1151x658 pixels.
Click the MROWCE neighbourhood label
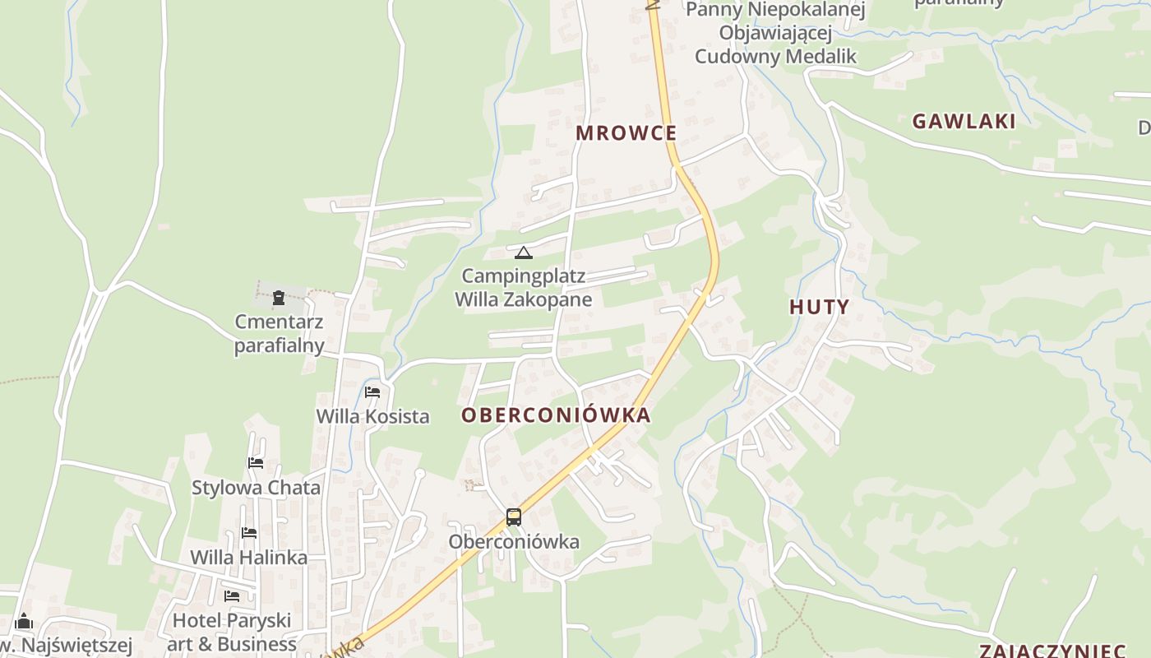(x=626, y=133)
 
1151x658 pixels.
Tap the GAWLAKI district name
(x=964, y=122)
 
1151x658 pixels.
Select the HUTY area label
(x=819, y=308)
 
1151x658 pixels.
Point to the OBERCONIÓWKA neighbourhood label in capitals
(x=556, y=415)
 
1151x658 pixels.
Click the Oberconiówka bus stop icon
(x=514, y=517)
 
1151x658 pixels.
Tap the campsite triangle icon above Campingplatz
(x=524, y=253)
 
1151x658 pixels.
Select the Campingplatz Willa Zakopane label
(x=524, y=287)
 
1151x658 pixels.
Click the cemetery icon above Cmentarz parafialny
(x=279, y=297)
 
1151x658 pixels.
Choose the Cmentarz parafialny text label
(x=279, y=333)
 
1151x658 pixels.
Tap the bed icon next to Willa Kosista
(x=372, y=392)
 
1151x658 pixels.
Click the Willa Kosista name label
(x=373, y=416)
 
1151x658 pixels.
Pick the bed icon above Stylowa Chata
(x=256, y=463)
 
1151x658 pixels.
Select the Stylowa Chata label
(x=256, y=488)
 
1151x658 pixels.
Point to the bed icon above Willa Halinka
(x=249, y=533)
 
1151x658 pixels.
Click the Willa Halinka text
(x=249, y=558)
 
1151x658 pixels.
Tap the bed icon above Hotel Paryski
(x=232, y=595)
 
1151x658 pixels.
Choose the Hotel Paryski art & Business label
(x=232, y=632)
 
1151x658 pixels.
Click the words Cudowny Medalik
(x=775, y=57)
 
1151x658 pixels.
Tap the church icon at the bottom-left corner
(x=24, y=621)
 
